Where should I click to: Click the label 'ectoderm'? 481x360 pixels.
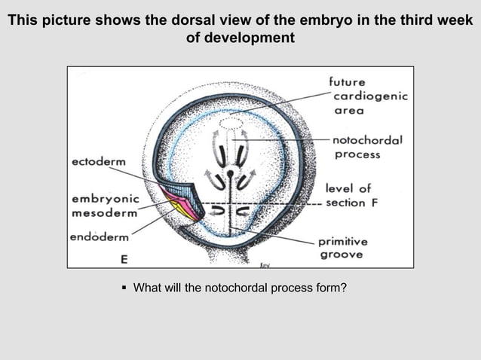(98, 162)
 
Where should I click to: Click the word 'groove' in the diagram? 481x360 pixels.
(341, 255)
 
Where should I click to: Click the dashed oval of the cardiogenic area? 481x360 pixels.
(231, 122)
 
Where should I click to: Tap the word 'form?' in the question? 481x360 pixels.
(332, 287)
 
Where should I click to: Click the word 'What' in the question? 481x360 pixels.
(148, 287)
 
